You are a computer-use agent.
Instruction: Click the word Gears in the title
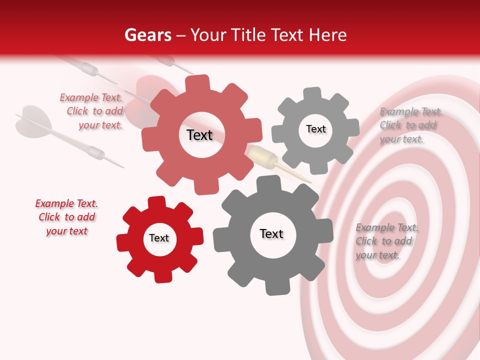[x=147, y=35]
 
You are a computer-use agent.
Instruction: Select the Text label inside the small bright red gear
[x=159, y=238]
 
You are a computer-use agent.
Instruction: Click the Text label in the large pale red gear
[x=200, y=135]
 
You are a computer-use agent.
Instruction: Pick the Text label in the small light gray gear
[x=316, y=129]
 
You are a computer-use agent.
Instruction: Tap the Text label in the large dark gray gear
[x=271, y=234]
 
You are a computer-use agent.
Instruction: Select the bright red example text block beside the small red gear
[x=66, y=217]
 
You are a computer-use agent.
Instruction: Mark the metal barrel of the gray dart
[x=95, y=152]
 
